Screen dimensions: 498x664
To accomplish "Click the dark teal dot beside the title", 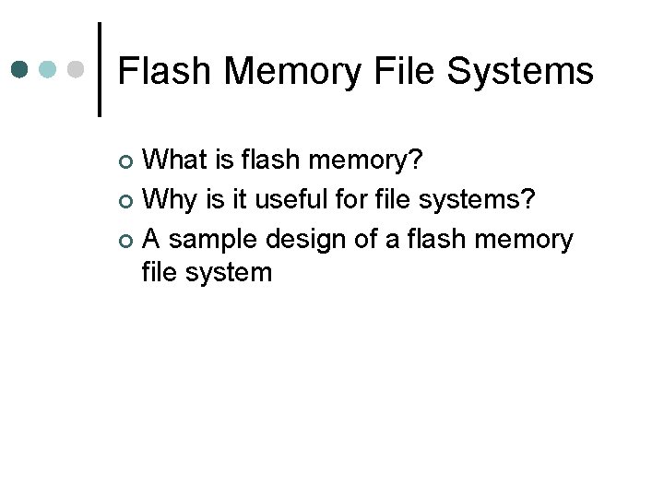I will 20,69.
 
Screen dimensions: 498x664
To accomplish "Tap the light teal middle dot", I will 48,69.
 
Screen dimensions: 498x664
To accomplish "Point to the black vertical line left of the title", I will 100,69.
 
